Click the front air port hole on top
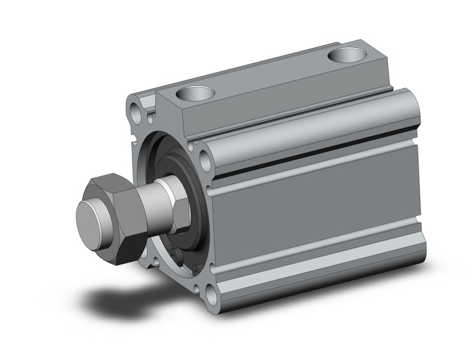(195, 93)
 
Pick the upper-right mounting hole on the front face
(205, 162)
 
